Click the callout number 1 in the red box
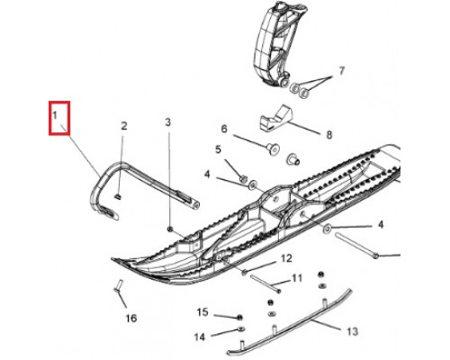click(55, 115)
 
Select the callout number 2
click(124, 126)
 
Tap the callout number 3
click(168, 122)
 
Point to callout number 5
click(218, 149)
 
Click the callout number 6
click(224, 129)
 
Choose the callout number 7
click(342, 71)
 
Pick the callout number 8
click(329, 135)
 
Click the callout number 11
click(297, 278)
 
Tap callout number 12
click(286, 258)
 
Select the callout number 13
click(352, 331)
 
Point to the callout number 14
click(200, 337)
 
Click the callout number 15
click(202, 312)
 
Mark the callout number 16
click(131, 318)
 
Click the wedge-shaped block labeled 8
click(275, 119)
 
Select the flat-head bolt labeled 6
click(273, 148)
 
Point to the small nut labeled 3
click(170, 229)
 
